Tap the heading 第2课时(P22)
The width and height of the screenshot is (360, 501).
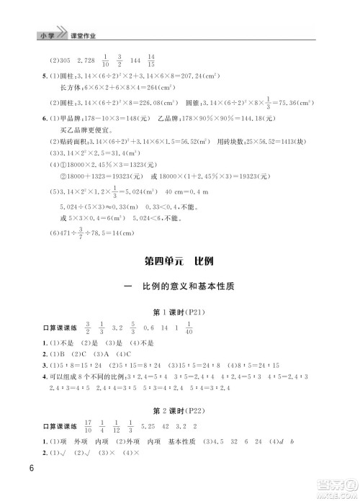[180, 412]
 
